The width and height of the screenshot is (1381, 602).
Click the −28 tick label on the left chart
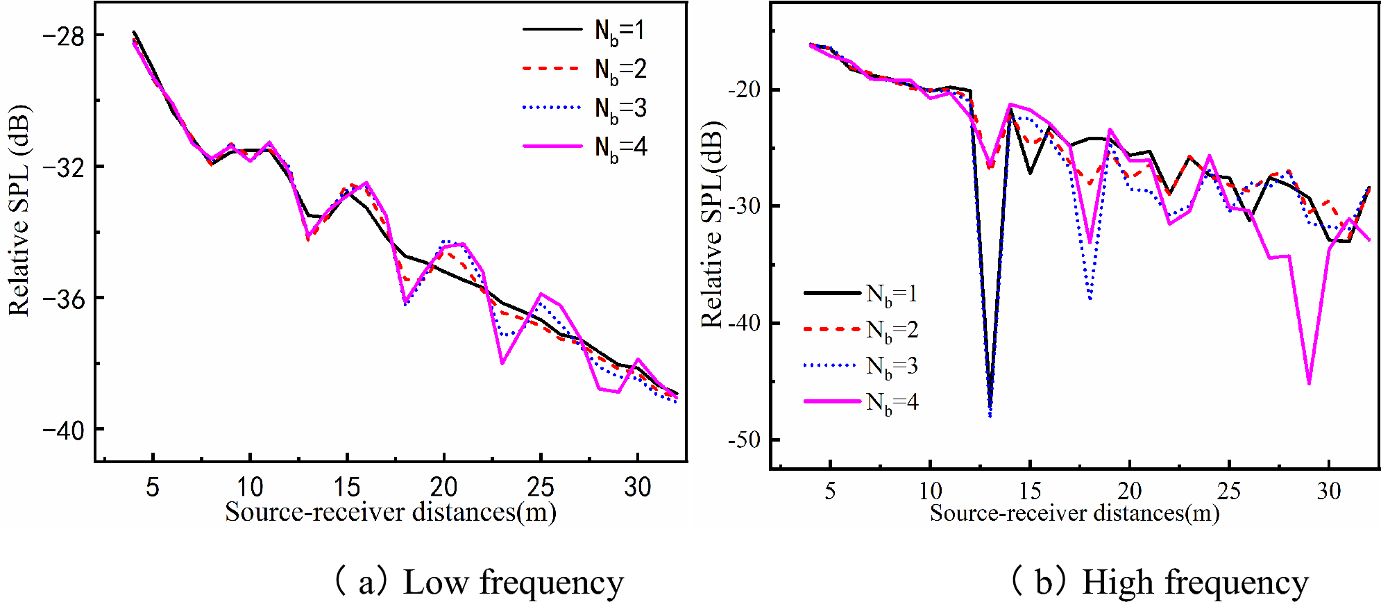click(x=63, y=36)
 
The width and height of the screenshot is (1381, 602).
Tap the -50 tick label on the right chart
click(x=743, y=440)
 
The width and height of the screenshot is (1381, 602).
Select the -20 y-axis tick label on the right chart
click(x=743, y=90)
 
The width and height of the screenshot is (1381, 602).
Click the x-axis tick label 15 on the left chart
click(x=346, y=487)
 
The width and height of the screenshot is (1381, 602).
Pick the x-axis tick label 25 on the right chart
click(x=1229, y=491)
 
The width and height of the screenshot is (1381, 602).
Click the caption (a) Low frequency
click(x=479, y=582)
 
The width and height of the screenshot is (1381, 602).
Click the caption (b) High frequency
click(x=1159, y=582)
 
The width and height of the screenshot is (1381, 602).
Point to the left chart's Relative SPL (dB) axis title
click(x=19, y=210)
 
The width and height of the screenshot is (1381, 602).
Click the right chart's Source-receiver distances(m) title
click(x=1074, y=513)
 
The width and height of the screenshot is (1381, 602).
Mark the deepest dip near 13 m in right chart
click(x=990, y=415)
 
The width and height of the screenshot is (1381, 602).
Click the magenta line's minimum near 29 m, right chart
click(x=1309, y=383)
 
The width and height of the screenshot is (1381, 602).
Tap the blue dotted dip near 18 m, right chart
click(x=1090, y=299)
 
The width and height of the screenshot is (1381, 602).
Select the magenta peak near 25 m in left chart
click(x=541, y=294)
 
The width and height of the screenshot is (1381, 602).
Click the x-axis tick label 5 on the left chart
click(x=153, y=487)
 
